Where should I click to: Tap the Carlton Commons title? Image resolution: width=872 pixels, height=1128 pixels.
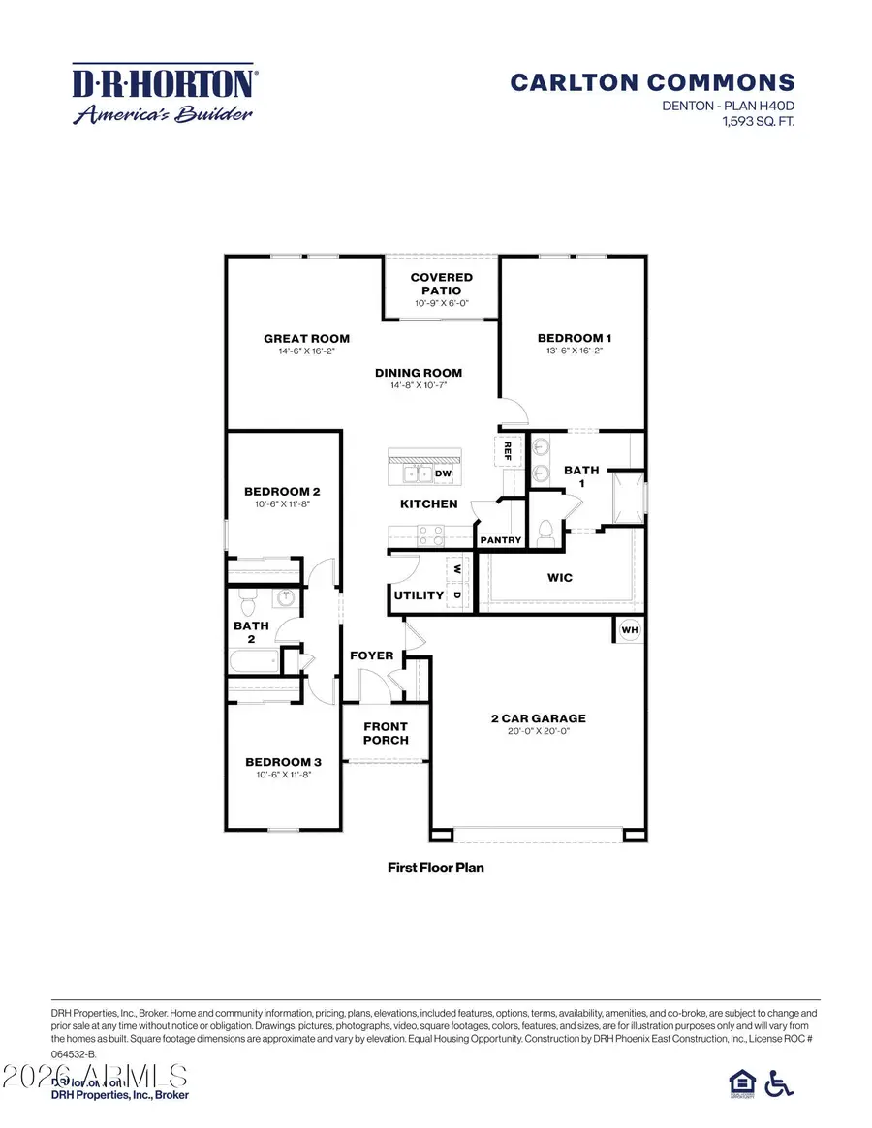click(x=652, y=82)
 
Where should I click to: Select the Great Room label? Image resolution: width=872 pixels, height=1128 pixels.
click(x=306, y=339)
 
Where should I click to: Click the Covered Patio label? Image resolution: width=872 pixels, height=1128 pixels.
click(x=442, y=284)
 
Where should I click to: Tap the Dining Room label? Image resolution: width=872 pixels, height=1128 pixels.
click(x=419, y=373)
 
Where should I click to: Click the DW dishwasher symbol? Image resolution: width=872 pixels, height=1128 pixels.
click(x=443, y=473)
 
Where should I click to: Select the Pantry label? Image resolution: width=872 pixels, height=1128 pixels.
click(x=501, y=540)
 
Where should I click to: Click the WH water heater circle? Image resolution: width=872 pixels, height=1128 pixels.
click(x=629, y=630)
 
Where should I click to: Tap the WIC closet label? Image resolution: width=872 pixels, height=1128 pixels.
click(x=560, y=578)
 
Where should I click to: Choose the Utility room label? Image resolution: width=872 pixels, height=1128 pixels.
click(x=419, y=595)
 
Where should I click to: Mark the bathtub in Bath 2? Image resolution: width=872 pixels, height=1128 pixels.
click(x=252, y=662)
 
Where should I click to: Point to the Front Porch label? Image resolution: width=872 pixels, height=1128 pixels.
click(x=386, y=733)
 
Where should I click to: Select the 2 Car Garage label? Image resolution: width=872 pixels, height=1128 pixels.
click(x=539, y=718)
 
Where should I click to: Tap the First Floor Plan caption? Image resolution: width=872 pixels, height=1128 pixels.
click(x=435, y=868)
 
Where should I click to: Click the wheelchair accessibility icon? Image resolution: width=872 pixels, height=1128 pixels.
click(x=778, y=1083)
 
